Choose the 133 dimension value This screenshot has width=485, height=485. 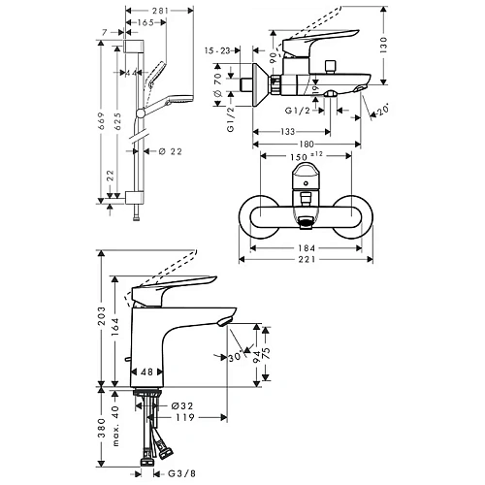pyautogui.click(x=289, y=132)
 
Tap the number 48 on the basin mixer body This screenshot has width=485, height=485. pyautogui.click(x=147, y=371)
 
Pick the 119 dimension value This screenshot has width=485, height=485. pyautogui.click(x=187, y=419)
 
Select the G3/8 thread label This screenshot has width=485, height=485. pyautogui.click(x=182, y=474)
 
